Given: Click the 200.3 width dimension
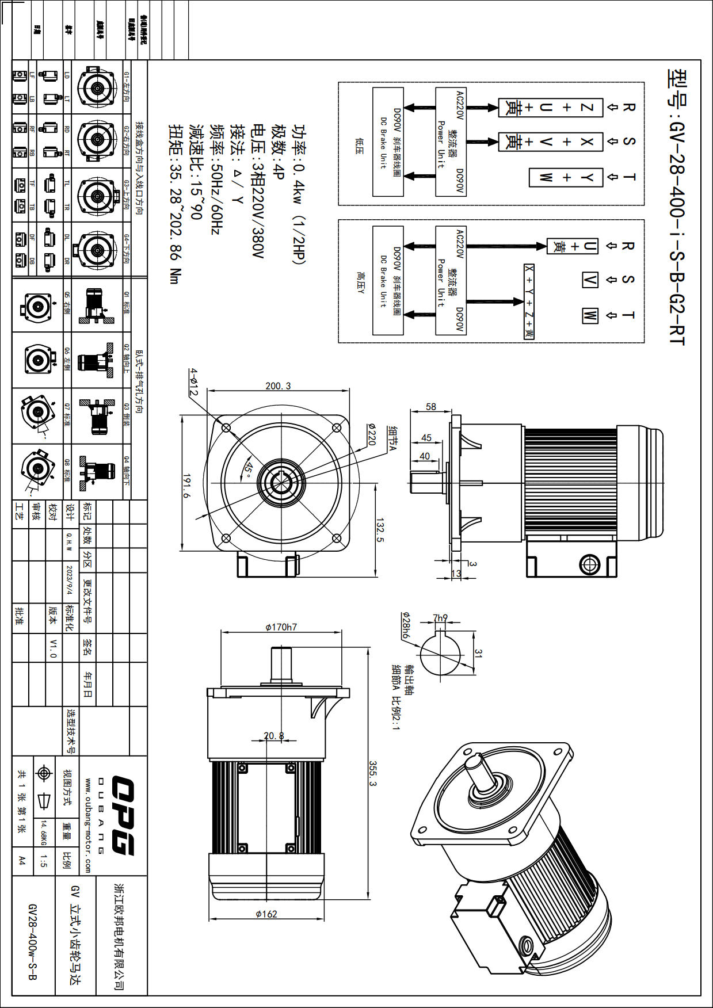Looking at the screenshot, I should (278, 385).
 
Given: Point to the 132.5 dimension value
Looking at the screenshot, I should (380, 529).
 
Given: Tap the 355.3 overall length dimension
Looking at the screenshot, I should (372, 774).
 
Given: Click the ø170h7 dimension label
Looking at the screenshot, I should (281, 627).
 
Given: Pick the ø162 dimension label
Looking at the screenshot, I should (266, 913).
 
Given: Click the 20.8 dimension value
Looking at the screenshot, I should (273, 735).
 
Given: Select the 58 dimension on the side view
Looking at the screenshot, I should (430, 407).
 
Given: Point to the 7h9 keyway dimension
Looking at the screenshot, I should (440, 618).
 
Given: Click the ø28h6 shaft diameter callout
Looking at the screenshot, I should (405, 625).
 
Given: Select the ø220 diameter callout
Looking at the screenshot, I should (371, 434).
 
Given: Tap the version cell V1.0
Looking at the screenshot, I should (53, 648).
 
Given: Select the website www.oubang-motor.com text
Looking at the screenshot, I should (87, 825).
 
